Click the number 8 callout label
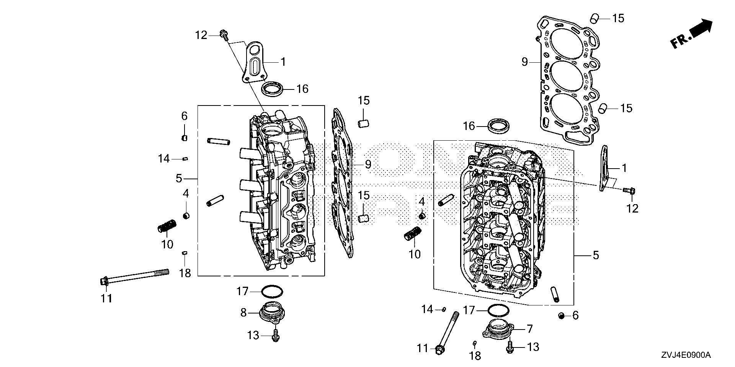pos(243,313)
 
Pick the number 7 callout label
pos(529,328)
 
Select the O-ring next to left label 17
pos(272,292)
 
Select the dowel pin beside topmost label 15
pos(594,18)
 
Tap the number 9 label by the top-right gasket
pos(524,62)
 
